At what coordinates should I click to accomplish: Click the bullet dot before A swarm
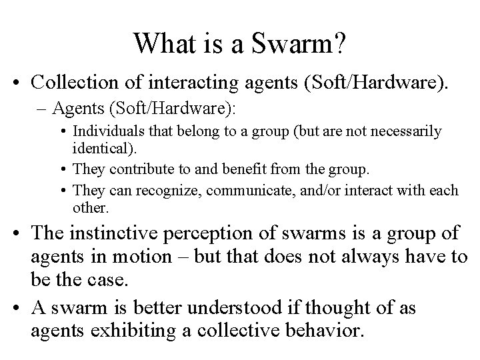coord(20,309)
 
